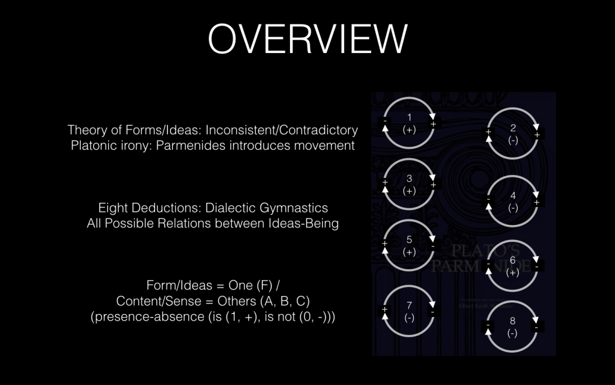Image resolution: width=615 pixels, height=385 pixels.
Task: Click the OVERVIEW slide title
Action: coord(307,39)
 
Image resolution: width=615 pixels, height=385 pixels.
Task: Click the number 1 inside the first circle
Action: coord(409,117)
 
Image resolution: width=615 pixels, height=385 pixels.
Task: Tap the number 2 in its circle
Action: coord(512,128)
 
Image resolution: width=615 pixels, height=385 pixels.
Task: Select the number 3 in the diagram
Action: coord(409,178)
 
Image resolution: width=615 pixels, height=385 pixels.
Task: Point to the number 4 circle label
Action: coord(512,196)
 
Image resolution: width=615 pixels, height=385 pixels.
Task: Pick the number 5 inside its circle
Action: coord(409,239)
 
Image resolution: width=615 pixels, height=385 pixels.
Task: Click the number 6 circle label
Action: coord(512,260)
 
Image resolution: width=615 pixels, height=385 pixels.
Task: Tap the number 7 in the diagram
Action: coord(409,305)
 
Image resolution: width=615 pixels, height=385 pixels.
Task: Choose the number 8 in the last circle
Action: coord(512,321)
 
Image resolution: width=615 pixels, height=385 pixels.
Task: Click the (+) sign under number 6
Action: coord(512,272)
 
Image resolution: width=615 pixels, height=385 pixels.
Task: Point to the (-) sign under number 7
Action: coord(409,317)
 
